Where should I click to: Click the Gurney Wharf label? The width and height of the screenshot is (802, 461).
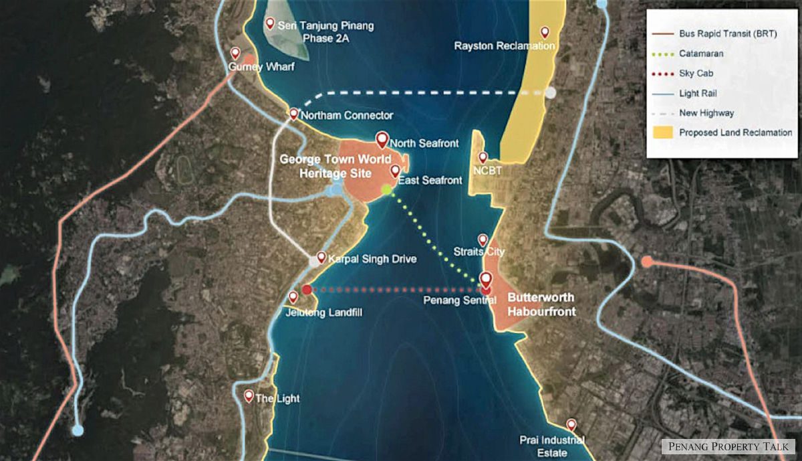pos(261,67)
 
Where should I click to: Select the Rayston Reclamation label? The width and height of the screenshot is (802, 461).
pos(505,46)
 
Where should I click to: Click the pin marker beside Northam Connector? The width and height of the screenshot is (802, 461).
pos(293,114)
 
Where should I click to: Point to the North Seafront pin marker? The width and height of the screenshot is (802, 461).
pos(382,139)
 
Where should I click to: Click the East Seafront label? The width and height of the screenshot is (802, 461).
pos(430,181)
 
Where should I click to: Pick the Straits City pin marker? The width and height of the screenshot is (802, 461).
pos(483,240)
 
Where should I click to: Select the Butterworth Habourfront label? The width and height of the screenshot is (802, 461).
pos(541,305)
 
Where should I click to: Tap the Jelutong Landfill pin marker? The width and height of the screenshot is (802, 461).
pos(293,296)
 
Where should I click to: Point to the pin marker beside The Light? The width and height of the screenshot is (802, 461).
pos(249,395)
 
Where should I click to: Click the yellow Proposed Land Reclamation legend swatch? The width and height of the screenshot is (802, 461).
pos(663,132)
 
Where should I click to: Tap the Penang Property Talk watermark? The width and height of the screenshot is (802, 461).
pos(727,446)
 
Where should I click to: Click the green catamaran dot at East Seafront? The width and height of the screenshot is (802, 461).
pos(386,190)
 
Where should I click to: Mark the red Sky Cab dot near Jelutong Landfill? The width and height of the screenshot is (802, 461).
pos(306,290)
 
